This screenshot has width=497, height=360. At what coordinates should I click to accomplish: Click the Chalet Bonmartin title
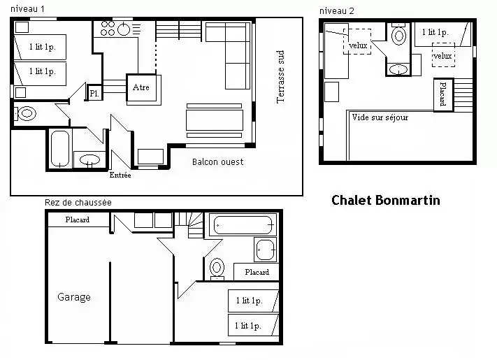pos(386,201)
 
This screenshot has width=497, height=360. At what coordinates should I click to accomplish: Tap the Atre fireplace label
pos(141,87)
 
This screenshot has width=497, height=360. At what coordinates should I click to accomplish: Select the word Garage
pos(74,297)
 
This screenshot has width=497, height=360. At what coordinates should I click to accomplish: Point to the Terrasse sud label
pos(280,77)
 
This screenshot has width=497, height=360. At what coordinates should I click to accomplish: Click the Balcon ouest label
pos(218,162)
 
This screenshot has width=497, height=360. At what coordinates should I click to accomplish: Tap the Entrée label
pos(120,175)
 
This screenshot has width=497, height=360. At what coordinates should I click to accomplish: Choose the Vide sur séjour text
pos(380,117)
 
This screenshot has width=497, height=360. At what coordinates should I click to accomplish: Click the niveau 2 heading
pos(337,11)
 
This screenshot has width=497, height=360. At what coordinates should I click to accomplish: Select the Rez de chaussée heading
pos(78,203)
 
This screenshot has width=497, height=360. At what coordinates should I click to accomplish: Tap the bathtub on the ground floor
pos(243,225)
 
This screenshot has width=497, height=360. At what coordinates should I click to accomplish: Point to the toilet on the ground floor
pos(217,268)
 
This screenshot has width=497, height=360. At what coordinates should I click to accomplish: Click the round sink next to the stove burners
pos(124,29)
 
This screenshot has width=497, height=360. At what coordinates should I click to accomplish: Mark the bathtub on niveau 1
pos(60,148)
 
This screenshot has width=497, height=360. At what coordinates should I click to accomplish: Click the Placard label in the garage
pos(78,219)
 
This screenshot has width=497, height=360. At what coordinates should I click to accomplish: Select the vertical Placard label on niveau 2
pos(443,94)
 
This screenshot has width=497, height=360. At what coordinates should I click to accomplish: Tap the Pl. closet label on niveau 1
pos(94,94)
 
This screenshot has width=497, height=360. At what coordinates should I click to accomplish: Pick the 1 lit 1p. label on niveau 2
pos(435,32)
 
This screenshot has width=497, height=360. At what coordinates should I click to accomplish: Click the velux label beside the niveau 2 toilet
pos(358,45)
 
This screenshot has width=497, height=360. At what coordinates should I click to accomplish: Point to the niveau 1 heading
pos(27,9)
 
